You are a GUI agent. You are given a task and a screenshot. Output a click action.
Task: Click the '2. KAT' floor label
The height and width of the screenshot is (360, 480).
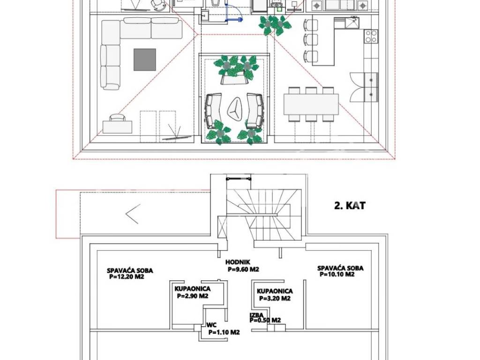tap(350, 205)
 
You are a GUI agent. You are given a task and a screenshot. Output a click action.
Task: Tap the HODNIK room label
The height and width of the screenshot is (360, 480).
tap(238, 262)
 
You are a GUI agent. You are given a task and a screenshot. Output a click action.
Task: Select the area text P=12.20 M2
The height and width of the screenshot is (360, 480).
tap(127, 277)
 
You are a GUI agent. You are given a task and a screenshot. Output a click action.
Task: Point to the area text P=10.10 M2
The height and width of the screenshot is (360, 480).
tap(337, 274)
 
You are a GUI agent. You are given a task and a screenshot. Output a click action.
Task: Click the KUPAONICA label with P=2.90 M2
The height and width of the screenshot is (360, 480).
tap(193, 289)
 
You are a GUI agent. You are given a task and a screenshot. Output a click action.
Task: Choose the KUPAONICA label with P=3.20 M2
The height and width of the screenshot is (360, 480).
tap(275, 291)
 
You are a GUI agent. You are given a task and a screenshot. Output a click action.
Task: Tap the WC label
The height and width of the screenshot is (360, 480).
tap(211, 325)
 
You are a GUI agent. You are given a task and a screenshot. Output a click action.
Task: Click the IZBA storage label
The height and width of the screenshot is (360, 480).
tap(256, 315)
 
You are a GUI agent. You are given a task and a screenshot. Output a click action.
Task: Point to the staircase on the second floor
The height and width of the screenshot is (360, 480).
tap(264, 214)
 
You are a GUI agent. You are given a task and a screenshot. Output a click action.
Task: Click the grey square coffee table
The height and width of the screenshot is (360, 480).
tap(145, 60)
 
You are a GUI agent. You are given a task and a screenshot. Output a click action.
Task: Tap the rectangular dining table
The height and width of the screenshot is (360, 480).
tap(311, 105)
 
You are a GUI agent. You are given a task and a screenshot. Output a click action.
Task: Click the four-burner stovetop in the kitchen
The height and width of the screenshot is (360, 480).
tap(371, 36)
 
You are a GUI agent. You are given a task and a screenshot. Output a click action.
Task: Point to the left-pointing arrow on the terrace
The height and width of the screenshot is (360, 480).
tap(133, 214)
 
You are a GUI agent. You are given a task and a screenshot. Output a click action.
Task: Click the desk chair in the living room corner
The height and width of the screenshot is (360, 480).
tap(117, 118)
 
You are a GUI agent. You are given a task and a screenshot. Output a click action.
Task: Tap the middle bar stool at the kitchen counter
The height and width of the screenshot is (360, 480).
tap(311, 39)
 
